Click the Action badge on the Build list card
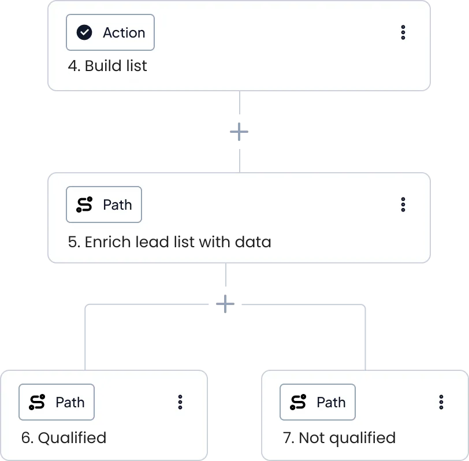(110, 32)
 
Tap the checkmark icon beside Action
(84, 32)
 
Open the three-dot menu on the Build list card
(403, 32)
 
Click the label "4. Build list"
(107, 66)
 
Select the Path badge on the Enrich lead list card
(104, 205)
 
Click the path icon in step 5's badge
(84, 205)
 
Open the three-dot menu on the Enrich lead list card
(403, 205)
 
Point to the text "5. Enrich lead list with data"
(170, 241)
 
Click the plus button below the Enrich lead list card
(225, 304)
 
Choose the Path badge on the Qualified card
(57, 402)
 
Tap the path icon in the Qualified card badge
(37, 402)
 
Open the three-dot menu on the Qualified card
(180, 402)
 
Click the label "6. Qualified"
(64, 438)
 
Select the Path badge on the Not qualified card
(318, 402)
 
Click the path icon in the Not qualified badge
(298, 402)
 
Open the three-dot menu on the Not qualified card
(441, 402)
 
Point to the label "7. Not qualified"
(339, 438)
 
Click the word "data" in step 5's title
(253, 241)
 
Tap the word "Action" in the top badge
(124, 32)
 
